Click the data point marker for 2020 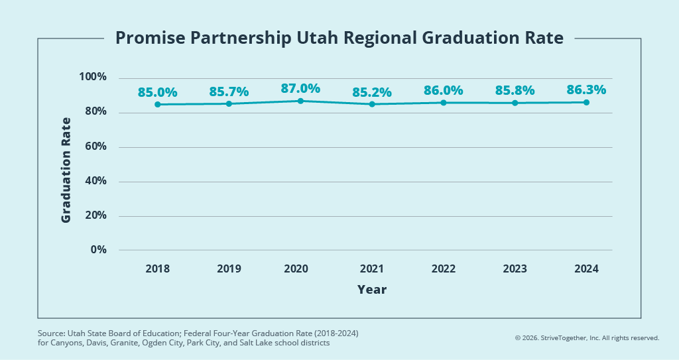(x=300, y=101)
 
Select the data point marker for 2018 (x=157, y=104)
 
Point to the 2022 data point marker (x=444, y=103)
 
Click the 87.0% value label (x=300, y=88)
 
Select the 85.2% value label (x=372, y=92)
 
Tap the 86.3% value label (x=586, y=90)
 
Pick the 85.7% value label (x=229, y=91)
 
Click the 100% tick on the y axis (x=93, y=78)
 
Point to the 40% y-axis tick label (x=95, y=181)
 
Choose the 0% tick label (x=98, y=250)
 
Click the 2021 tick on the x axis (x=372, y=269)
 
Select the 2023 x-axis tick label (x=515, y=269)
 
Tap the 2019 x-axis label (x=229, y=269)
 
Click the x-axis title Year (x=372, y=290)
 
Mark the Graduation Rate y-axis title (x=66, y=170)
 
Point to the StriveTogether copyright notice (x=587, y=338)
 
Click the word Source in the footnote (x=50, y=332)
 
